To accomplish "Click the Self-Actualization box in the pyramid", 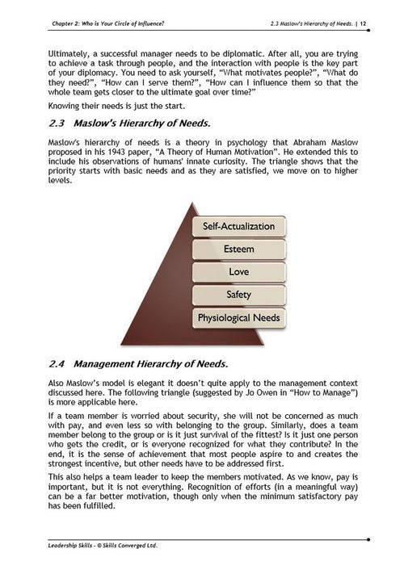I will (238, 226).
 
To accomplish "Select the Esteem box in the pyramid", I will (238, 249).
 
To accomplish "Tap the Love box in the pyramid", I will (238, 272).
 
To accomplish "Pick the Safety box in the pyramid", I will (238, 295).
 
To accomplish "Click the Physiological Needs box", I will (238, 317).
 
